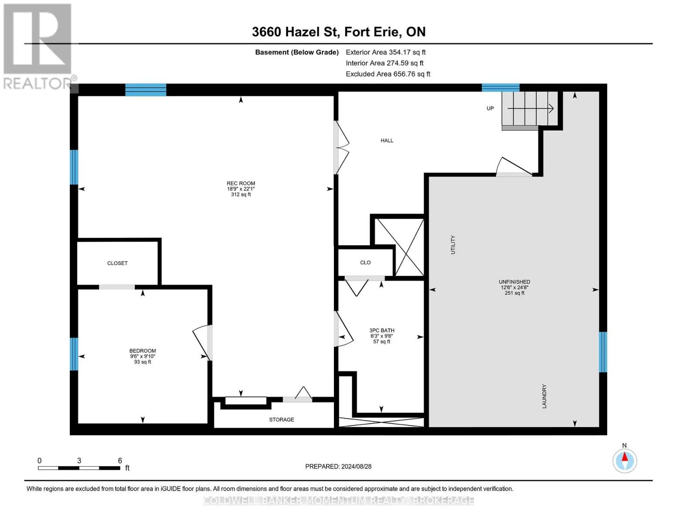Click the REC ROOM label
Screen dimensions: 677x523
click(x=241, y=183)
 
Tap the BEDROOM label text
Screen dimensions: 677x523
click(x=143, y=351)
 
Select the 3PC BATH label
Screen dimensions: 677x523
click(x=381, y=330)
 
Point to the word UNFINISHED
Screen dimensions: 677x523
click(x=514, y=282)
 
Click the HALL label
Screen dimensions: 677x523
click(x=387, y=140)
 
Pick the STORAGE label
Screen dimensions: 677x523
click(x=282, y=420)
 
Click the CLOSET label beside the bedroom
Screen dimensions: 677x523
click(x=117, y=263)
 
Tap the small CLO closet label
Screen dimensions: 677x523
click(x=365, y=263)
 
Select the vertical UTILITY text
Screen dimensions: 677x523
click(x=453, y=245)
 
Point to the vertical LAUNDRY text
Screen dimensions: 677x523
click(x=544, y=396)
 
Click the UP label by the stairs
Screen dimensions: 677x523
click(x=490, y=109)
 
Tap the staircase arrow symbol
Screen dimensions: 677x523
click(x=531, y=109)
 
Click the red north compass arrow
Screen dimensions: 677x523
click(x=625, y=457)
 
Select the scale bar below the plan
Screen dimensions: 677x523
click(x=79, y=468)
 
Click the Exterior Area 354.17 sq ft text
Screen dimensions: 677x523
click(x=386, y=52)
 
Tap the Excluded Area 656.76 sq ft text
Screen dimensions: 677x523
click(x=388, y=74)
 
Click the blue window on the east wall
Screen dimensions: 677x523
click(x=603, y=352)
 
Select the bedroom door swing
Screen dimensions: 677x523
click(x=202, y=343)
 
